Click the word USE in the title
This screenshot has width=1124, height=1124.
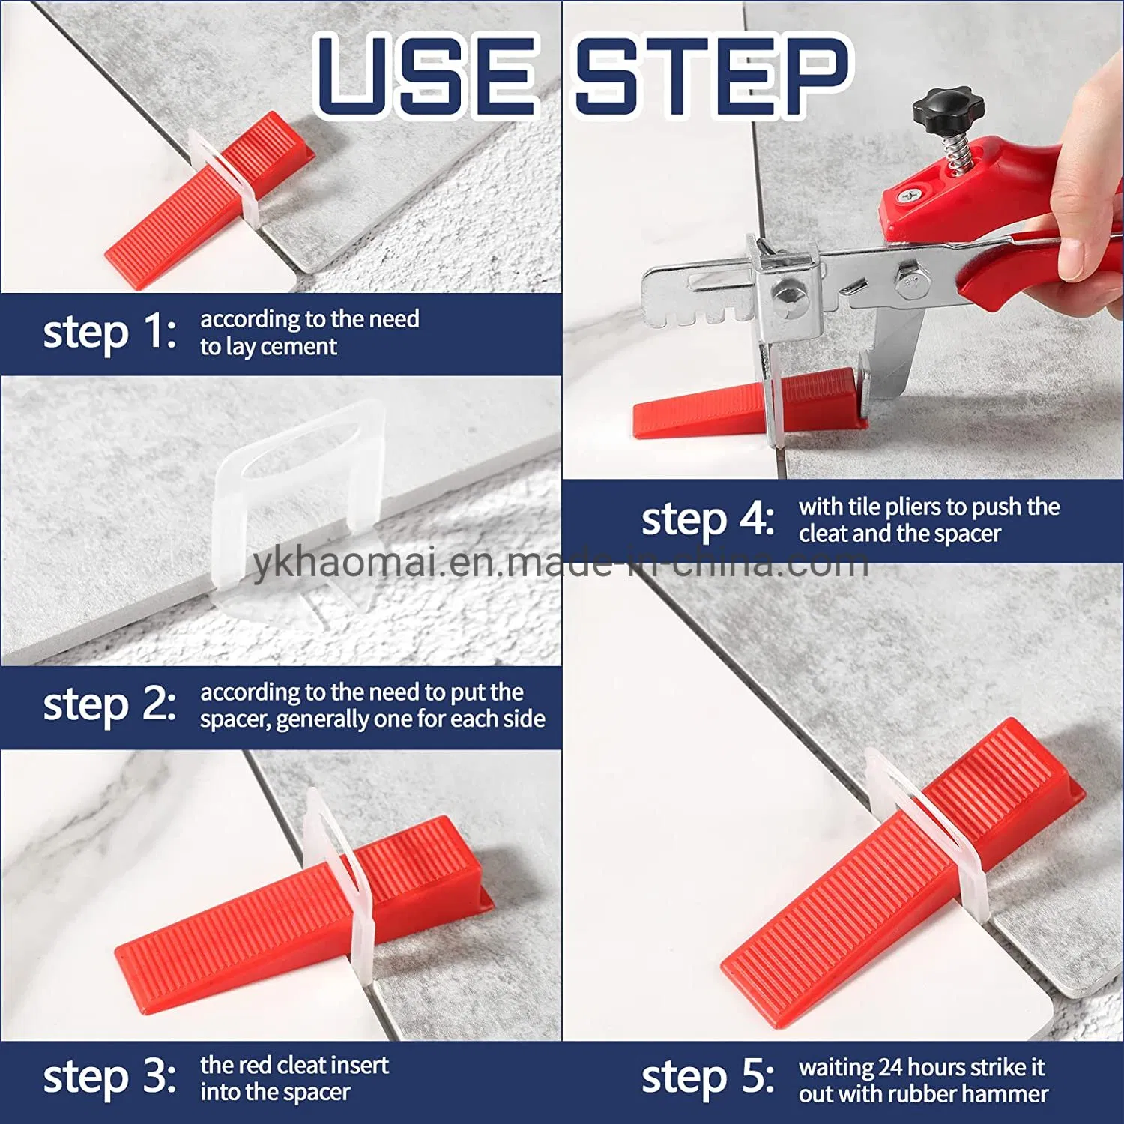426,75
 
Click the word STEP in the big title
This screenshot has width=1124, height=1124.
712,75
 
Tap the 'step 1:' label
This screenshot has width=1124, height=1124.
109,332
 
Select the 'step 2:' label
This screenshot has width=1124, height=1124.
109,704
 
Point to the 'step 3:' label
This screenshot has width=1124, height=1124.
109,1078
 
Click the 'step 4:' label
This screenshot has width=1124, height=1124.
707,519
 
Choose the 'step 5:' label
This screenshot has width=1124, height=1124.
707,1078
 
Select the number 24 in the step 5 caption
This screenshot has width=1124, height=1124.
892,1067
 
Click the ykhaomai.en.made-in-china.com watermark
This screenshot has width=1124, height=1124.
561,563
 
